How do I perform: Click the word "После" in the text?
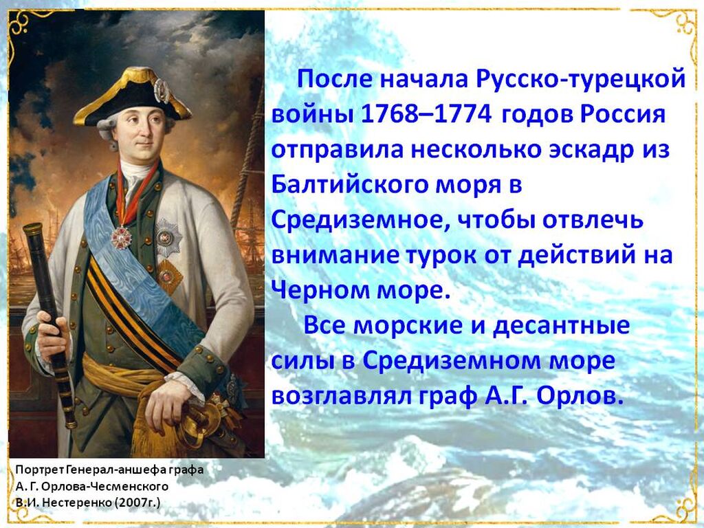(335, 80)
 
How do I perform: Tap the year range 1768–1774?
(426, 115)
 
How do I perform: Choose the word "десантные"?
(561, 325)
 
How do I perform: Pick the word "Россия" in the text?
(622, 115)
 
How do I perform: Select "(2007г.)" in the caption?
(137, 502)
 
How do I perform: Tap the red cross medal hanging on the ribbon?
(120, 237)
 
